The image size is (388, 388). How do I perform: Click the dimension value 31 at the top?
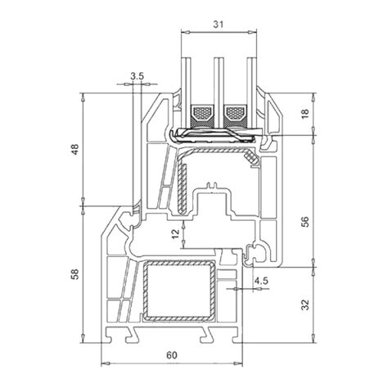(x=219, y=25)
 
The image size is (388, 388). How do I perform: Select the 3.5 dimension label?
(x=137, y=76)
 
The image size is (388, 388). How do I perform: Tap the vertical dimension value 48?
(x=74, y=149)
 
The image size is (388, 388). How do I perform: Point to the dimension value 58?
(x=74, y=274)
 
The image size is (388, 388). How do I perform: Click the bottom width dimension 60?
(x=172, y=355)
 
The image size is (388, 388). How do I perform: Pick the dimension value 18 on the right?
(x=305, y=113)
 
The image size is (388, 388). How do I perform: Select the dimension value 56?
(x=305, y=222)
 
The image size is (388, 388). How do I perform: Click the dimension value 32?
(x=305, y=305)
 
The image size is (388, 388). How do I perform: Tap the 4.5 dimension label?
(x=261, y=281)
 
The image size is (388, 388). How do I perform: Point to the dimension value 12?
(x=175, y=234)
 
